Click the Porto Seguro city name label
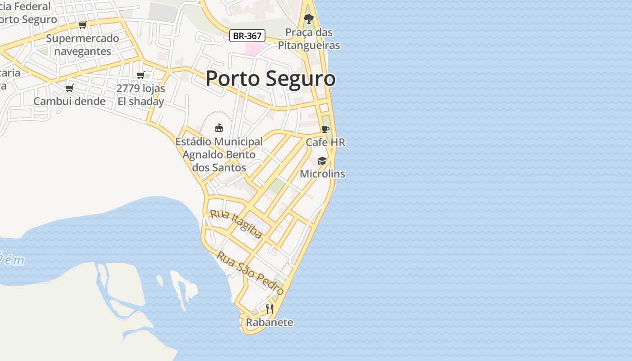pyautogui.click(x=270, y=79)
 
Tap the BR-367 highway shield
pyautogui.click(x=247, y=36)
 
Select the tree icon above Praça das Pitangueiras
pyautogui.click(x=309, y=19)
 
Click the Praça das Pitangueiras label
pyautogui.click(x=309, y=39)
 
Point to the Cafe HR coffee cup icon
pyautogui.click(x=325, y=129)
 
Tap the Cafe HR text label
pyautogui.click(x=325, y=142)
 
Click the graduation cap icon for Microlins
pyautogui.click(x=322, y=161)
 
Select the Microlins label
pyautogui.click(x=322, y=174)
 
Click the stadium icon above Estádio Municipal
pyautogui.click(x=219, y=128)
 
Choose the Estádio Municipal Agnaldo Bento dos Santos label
pyautogui.click(x=219, y=154)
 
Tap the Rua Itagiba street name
pyautogui.click(x=236, y=224)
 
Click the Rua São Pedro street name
pyautogui.click(x=250, y=273)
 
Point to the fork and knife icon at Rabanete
pyautogui.click(x=270, y=309)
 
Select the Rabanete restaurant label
pyautogui.click(x=270, y=322)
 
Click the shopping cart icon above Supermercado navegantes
pyautogui.click(x=82, y=25)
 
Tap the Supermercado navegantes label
pyautogui.click(x=83, y=45)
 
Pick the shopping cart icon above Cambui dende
pyautogui.click(x=70, y=88)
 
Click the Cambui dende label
pyautogui.click(x=70, y=101)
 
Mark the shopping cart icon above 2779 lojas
pyautogui.click(x=141, y=75)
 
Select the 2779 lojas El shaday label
pyautogui.click(x=141, y=95)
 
